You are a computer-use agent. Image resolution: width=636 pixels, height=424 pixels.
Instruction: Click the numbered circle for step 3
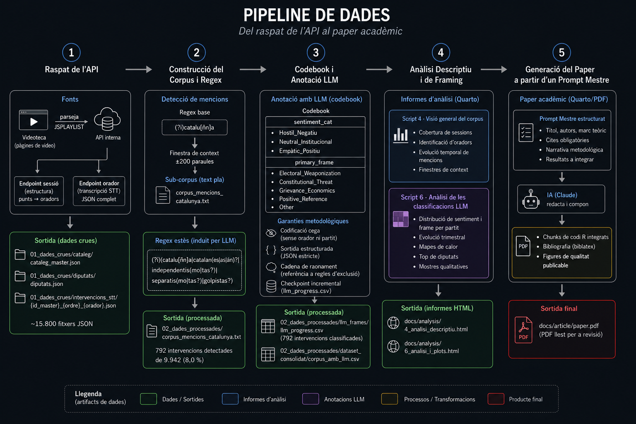(316, 53)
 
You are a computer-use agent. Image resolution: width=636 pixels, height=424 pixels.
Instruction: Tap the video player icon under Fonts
(34, 120)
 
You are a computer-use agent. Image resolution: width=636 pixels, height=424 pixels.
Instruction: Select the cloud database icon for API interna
(107, 119)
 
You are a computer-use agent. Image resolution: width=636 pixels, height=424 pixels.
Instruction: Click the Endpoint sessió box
(39, 191)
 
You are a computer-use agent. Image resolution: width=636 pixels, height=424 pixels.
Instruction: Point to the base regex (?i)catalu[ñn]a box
(195, 128)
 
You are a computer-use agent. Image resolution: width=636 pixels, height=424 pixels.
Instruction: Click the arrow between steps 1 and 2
(139, 69)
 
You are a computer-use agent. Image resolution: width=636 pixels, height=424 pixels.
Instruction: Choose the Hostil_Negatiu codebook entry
(298, 132)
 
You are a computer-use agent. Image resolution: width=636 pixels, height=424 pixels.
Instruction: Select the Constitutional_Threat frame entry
(306, 182)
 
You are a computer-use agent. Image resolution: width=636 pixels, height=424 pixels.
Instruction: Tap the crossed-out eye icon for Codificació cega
(271, 233)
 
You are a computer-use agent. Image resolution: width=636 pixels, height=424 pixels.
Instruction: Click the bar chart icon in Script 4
(401, 135)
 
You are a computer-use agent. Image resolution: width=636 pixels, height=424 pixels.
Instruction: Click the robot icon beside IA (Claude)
(530, 199)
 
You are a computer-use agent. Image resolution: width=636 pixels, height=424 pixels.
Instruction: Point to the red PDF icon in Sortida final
(523, 330)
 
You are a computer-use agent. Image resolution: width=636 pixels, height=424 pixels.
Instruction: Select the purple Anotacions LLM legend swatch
(311, 399)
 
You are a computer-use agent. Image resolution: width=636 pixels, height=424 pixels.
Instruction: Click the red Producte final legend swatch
(496, 399)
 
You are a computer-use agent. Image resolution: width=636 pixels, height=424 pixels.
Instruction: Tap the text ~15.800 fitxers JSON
(62, 324)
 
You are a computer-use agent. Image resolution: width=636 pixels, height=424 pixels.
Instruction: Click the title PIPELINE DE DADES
(317, 15)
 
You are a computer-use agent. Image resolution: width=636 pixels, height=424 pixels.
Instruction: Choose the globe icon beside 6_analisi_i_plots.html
(393, 347)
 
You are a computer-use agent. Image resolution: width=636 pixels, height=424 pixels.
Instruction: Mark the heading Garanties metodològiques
(313, 221)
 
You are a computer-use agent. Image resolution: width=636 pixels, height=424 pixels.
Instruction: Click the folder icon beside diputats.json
(20, 276)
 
